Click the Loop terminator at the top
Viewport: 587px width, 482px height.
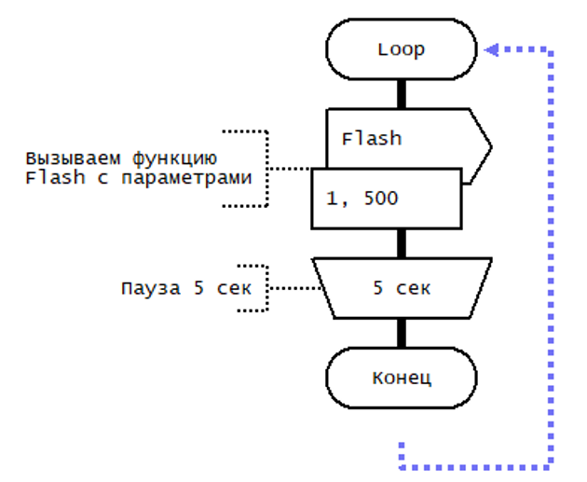tap(402, 49)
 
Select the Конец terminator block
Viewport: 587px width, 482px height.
tap(402, 378)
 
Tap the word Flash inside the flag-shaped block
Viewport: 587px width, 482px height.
tap(371, 139)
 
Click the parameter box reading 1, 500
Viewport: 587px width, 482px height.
tap(386, 199)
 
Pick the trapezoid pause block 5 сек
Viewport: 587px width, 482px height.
tap(403, 287)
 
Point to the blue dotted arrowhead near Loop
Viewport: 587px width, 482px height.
tap(491, 49)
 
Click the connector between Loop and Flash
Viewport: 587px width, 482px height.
tap(402, 93)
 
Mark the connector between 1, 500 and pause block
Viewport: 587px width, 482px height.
tap(402, 242)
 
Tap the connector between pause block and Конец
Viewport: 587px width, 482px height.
tap(402, 333)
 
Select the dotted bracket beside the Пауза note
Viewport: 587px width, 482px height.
tap(264, 287)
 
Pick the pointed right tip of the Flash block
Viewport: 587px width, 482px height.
tap(489, 145)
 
